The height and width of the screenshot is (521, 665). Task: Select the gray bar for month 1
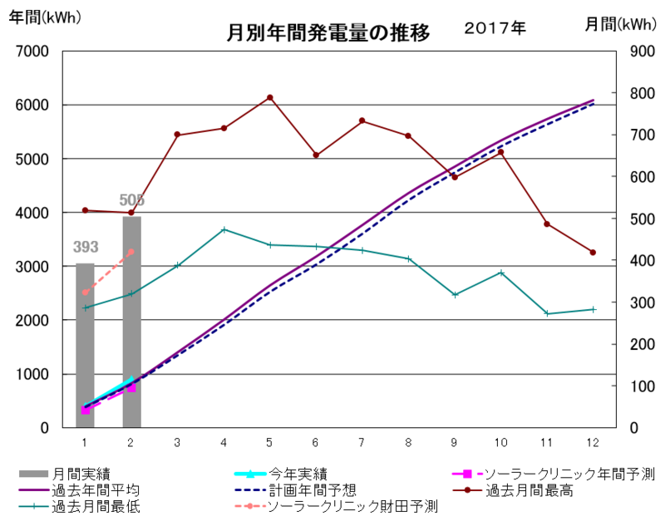pyautogui.click(x=85, y=345)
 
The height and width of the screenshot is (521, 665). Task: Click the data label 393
pyautogui.click(x=85, y=247)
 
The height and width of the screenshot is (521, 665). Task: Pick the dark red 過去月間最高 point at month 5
pyautogui.click(x=270, y=97)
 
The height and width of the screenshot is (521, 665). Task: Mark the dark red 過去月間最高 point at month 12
pyautogui.click(x=593, y=253)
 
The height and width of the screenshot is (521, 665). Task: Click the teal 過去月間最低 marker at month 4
pyautogui.click(x=224, y=229)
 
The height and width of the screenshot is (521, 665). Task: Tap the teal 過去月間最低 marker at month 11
pyautogui.click(x=547, y=313)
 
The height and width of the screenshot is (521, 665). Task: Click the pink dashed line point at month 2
pyautogui.click(x=131, y=251)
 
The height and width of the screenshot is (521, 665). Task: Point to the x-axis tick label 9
pyautogui.click(x=455, y=440)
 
